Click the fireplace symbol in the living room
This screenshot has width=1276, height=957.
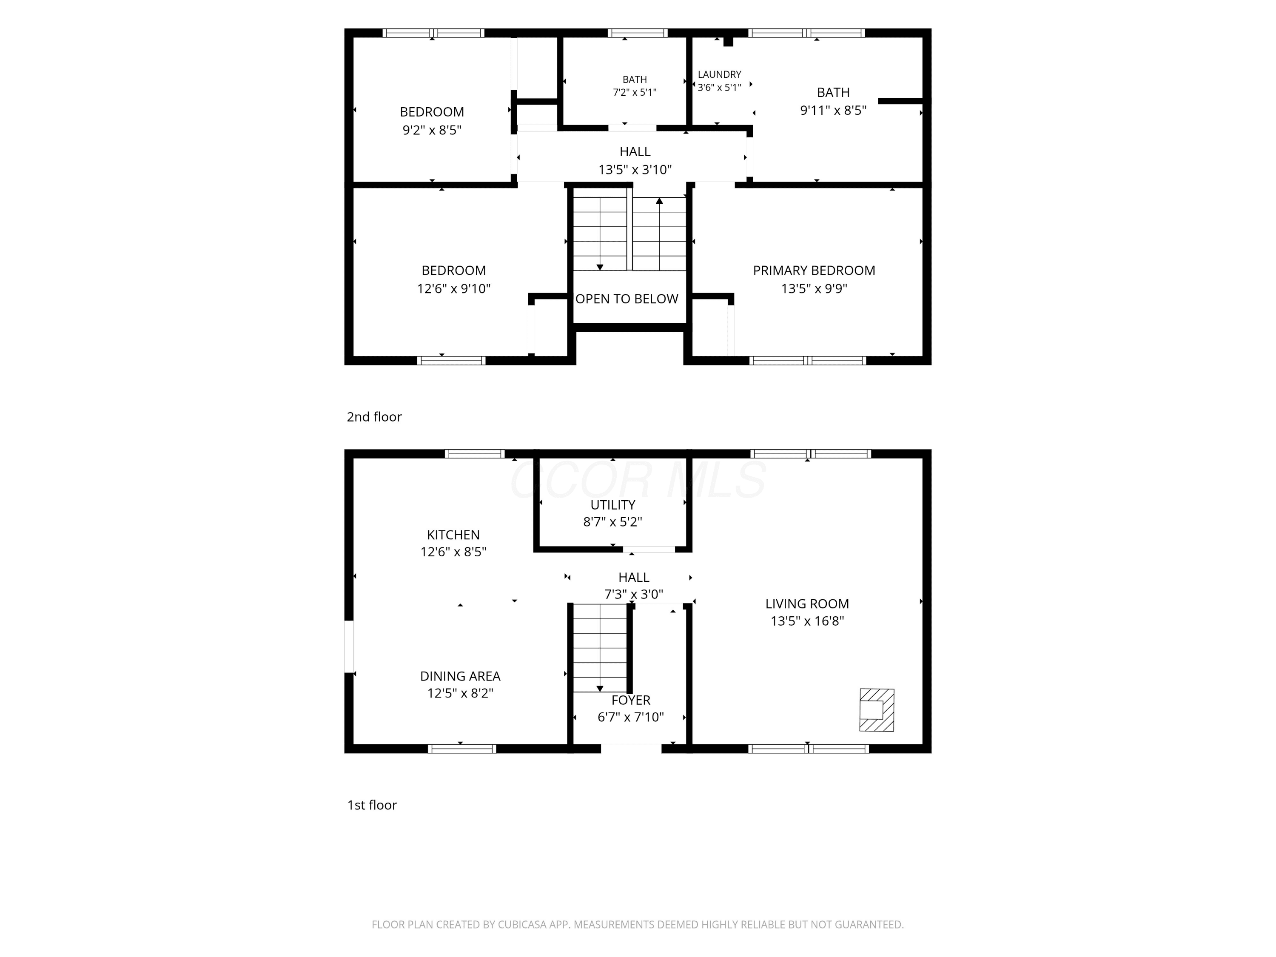[x=876, y=710]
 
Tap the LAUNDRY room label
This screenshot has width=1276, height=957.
[x=719, y=74]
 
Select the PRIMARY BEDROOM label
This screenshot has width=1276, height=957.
[x=814, y=271]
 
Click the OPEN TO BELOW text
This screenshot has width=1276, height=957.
[x=627, y=299]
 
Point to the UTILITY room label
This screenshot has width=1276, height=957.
[x=612, y=505]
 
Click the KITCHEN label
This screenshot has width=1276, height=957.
[x=453, y=535]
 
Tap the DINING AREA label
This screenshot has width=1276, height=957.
[x=460, y=676]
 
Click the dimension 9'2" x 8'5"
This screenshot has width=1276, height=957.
[x=432, y=130]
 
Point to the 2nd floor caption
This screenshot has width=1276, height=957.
[x=374, y=416]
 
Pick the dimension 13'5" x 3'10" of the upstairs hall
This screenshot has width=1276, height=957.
[x=635, y=170]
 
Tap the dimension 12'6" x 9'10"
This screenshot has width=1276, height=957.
[x=453, y=288]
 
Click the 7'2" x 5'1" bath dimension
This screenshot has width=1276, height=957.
[x=635, y=92]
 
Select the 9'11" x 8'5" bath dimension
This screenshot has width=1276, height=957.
[x=833, y=110]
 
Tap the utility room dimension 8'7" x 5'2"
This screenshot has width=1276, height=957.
[x=612, y=522]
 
